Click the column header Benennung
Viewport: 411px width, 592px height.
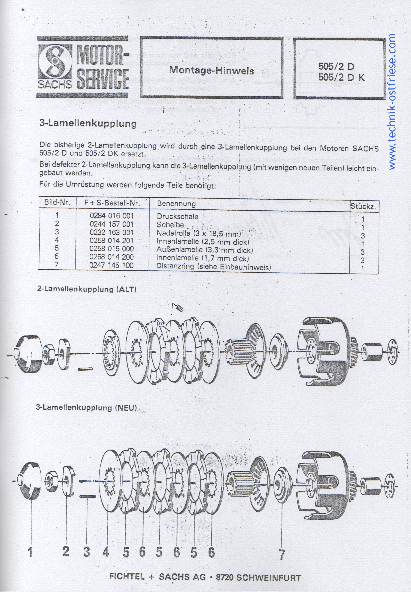tap(176, 204)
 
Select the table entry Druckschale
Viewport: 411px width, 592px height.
tap(177, 216)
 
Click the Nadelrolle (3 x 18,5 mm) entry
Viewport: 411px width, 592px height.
tap(199, 233)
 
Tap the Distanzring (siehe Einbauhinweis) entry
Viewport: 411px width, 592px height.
tap(213, 267)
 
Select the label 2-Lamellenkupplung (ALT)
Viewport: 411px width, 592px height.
tap(87, 289)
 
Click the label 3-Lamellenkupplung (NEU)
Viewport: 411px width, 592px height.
tap(86, 407)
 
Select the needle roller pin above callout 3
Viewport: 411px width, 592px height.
tap(87, 496)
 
